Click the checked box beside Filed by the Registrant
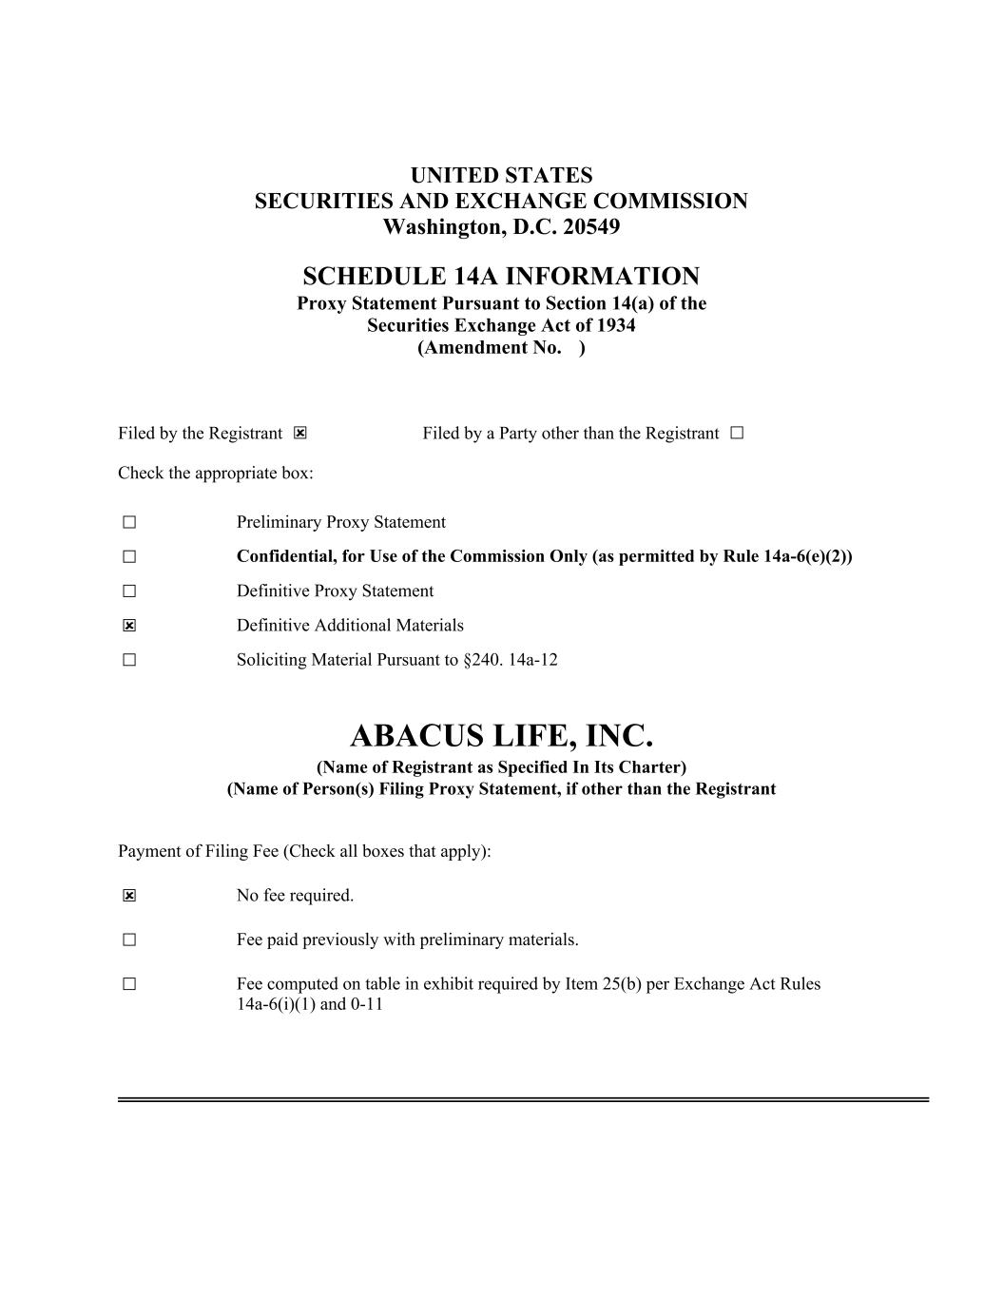point(300,434)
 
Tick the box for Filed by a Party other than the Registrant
point(738,434)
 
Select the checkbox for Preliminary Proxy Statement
point(129,522)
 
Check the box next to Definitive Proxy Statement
point(129,591)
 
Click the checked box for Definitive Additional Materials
point(129,626)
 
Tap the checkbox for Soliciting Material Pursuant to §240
point(129,660)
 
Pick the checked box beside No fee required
point(129,896)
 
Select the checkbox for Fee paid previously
point(129,940)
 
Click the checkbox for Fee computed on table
point(129,984)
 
